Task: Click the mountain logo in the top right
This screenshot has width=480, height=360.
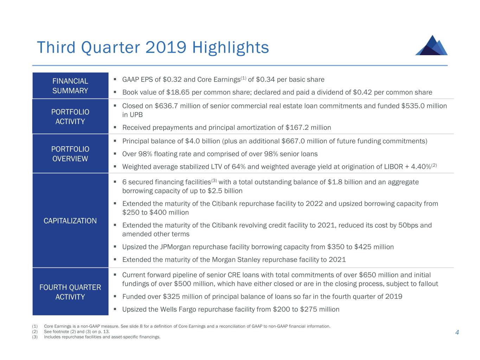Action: click(431, 45)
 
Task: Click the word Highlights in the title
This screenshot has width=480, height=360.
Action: click(231, 47)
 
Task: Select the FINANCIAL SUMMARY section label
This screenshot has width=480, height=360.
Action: click(70, 86)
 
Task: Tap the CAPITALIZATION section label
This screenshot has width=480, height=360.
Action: click(70, 221)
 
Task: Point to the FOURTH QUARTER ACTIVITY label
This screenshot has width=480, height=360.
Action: click(70, 292)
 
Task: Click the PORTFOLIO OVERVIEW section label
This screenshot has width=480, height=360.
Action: click(70, 154)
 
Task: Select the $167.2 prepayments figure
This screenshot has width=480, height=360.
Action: click(297, 128)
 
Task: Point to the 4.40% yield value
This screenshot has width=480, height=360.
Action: click(421, 167)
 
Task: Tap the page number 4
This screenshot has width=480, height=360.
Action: click(457, 333)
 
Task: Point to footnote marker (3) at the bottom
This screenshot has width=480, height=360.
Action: click(35, 337)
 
